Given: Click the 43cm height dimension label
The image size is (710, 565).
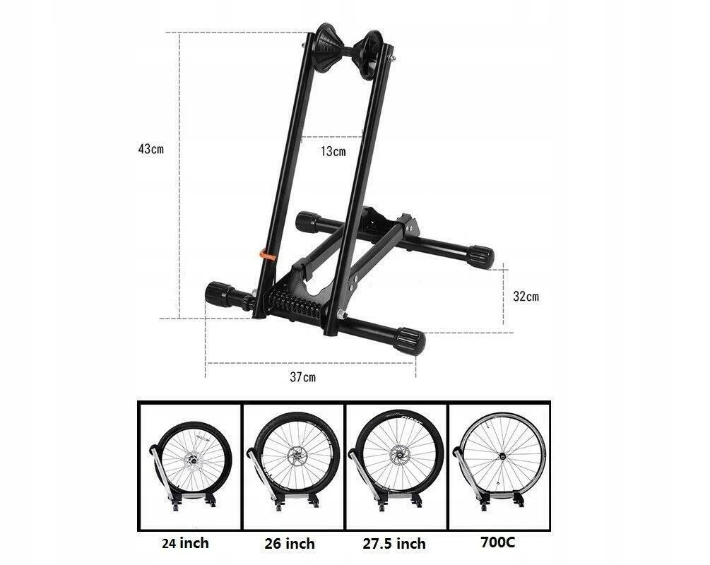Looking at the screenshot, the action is [x=150, y=148].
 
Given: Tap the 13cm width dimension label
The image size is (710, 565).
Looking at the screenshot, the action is [x=333, y=151].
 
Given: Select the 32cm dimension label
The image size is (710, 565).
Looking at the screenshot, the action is [x=526, y=297].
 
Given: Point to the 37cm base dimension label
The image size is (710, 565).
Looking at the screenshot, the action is [x=303, y=376].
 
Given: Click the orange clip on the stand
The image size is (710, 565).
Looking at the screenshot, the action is [x=268, y=256].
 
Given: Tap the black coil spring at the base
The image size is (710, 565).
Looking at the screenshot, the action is [x=297, y=302].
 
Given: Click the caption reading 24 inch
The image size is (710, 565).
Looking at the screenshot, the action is [x=185, y=542].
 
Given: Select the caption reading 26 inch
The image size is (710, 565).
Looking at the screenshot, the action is [x=290, y=543].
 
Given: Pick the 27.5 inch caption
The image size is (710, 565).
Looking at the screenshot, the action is [x=394, y=543].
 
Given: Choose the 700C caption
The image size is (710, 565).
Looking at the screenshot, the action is [x=498, y=542].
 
